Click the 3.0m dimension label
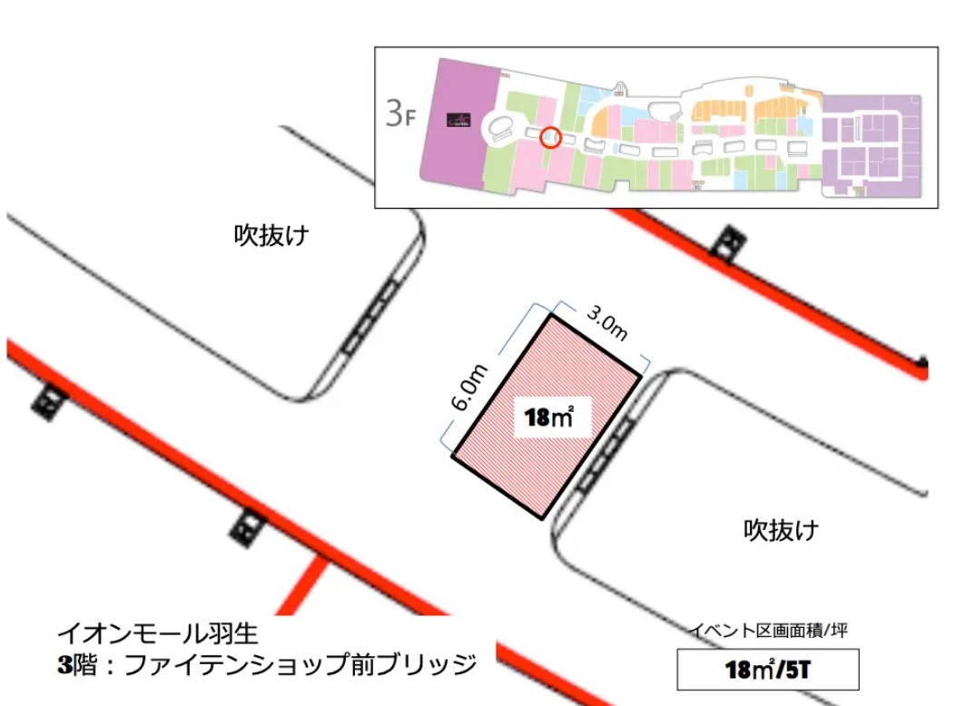(x=607, y=325)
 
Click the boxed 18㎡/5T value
(x=768, y=670)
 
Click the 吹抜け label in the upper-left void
(x=272, y=237)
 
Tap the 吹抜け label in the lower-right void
(x=782, y=528)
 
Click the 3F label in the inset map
(x=400, y=114)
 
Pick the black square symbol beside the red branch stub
(x=244, y=525)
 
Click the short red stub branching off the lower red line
(x=308, y=583)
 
